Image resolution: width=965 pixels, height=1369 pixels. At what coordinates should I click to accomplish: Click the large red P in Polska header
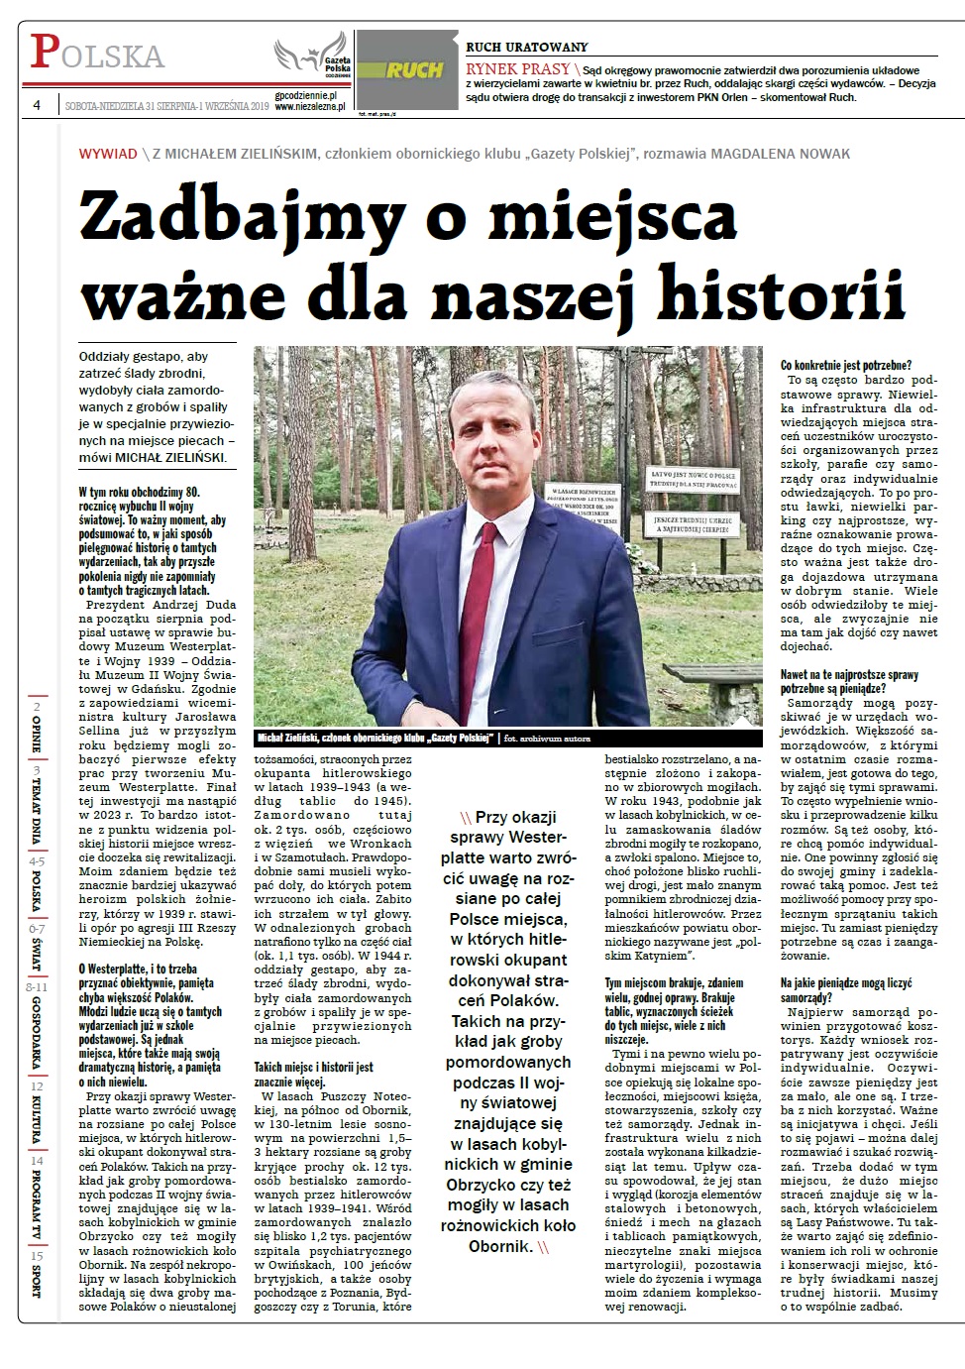(43, 52)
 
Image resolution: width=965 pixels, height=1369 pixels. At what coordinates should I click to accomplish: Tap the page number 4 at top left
(37, 105)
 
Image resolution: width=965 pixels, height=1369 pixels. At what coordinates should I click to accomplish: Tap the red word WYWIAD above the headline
(108, 154)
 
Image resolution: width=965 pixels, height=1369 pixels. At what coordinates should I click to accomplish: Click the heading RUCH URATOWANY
(526, 47)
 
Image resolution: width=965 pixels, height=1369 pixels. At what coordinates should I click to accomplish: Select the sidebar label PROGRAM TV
(37, 1199)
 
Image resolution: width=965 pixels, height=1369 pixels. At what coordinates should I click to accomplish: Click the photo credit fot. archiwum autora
(547, 739)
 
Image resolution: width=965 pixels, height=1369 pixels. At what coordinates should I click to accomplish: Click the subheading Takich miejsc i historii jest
(314, 1067)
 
